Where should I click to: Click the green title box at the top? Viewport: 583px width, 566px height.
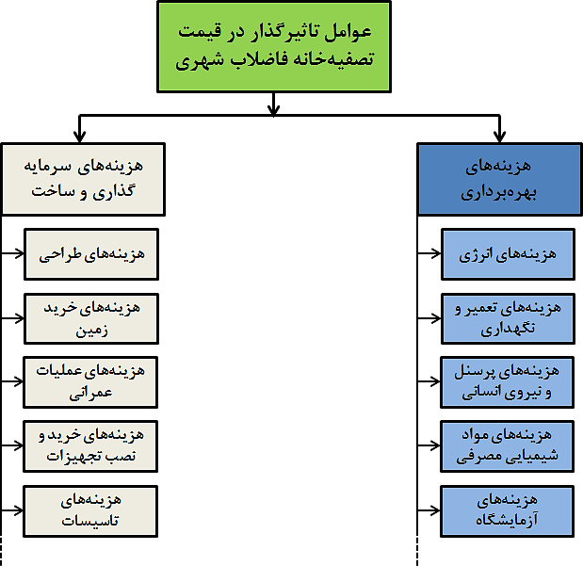(x=274, y=47)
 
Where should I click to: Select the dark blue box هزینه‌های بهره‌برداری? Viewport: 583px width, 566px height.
(x=499, y=179)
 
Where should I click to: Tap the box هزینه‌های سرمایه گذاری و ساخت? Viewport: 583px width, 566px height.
(x=83, y=179)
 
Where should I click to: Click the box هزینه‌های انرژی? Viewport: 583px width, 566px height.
(x=508, y=254)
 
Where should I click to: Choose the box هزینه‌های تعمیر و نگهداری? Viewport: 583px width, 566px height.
(x=508, y=318)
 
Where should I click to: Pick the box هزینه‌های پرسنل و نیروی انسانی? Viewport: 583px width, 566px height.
(x=507, y=382)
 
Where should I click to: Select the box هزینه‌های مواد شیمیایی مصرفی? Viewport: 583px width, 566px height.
(x=507, y=446)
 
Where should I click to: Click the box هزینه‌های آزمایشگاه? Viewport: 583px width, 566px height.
(x=507, y=511)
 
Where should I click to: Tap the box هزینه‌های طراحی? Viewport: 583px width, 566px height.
(x=91, y=254)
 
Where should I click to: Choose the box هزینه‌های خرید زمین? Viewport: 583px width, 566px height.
(x=91, y=318)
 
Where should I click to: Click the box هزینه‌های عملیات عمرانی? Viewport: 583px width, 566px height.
(x=90, y=382)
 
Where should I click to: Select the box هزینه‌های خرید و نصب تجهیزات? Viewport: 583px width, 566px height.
(x=90, y=446)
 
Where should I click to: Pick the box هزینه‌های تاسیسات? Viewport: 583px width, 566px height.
(x=90, y=511)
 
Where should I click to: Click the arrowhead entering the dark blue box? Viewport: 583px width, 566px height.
(x=499, y=137)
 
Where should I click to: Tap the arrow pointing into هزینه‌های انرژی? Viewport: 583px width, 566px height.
(x=429, y=253)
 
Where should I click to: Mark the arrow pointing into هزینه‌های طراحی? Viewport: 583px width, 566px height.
(x=12, y=253)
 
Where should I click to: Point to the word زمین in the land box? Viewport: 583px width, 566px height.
(x=92, y=331)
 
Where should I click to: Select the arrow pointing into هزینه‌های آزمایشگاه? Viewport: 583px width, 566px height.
(x=429, y=510)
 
